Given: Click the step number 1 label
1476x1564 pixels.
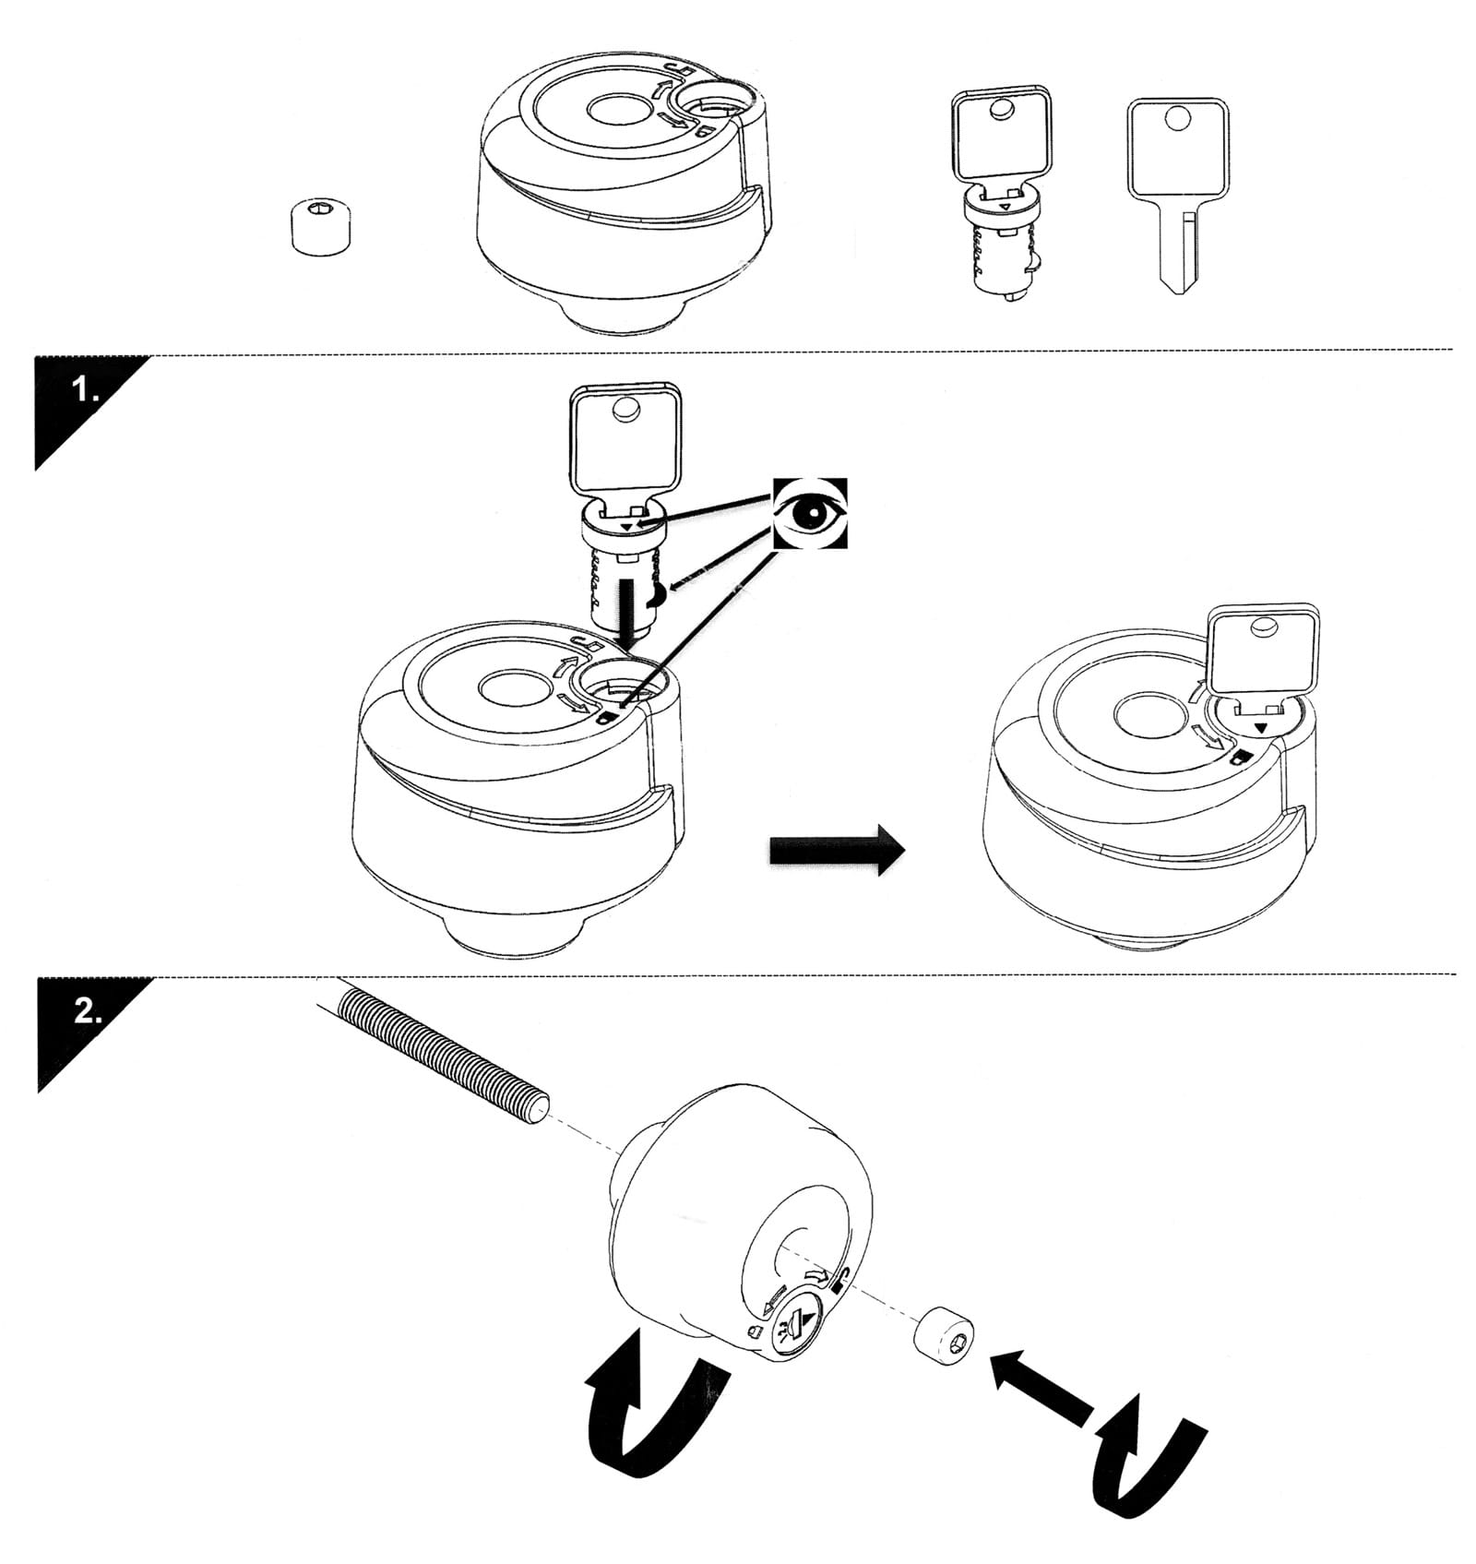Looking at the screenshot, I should click(86, 391).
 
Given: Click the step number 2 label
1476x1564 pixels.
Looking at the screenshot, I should click(88, 1012).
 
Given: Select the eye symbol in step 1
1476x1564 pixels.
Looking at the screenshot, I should click(809, 513).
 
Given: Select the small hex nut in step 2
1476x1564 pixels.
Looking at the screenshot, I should click(943, 1334).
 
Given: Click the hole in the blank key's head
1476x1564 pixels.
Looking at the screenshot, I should click(1176, 119).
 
